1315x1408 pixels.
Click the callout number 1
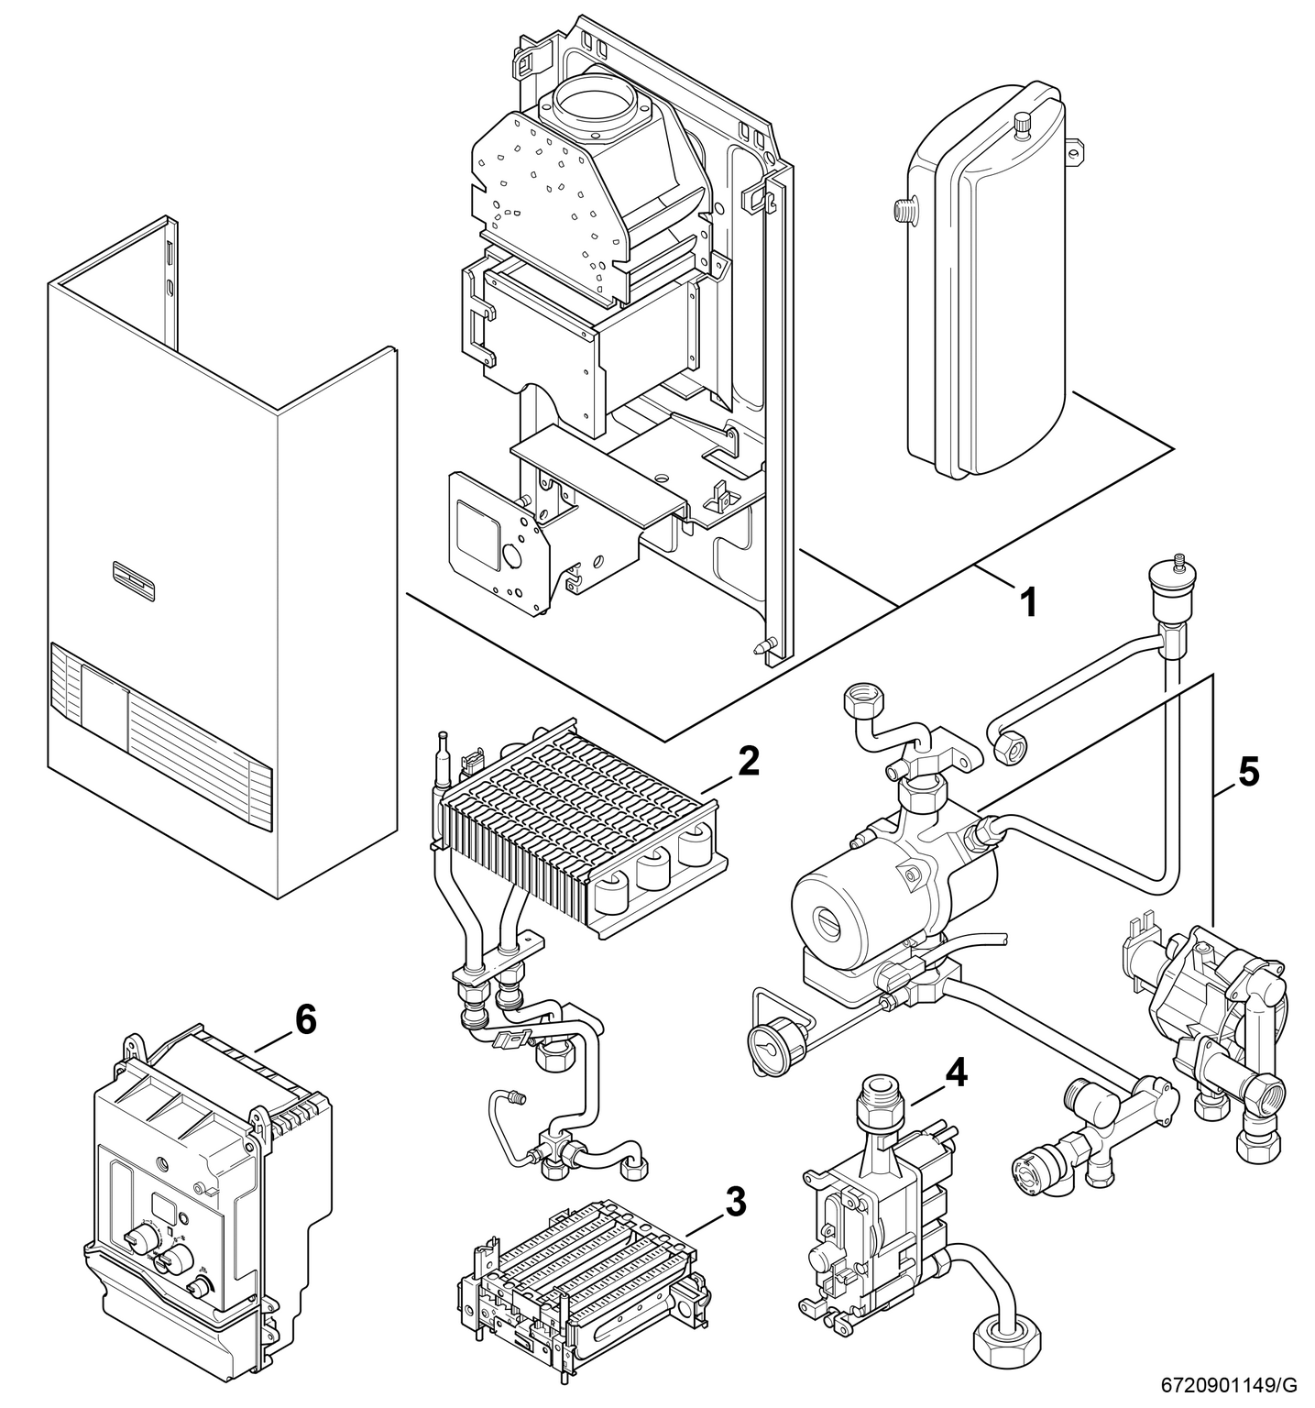[x=1028, y=602]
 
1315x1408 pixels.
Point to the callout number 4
[x=955, y=1073]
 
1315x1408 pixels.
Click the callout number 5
[x=1248, y=772]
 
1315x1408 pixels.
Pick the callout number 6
[x=304, y=1018]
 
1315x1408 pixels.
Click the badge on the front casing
[x=136, y=572]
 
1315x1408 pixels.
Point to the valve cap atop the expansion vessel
[x=1023, y=121]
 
